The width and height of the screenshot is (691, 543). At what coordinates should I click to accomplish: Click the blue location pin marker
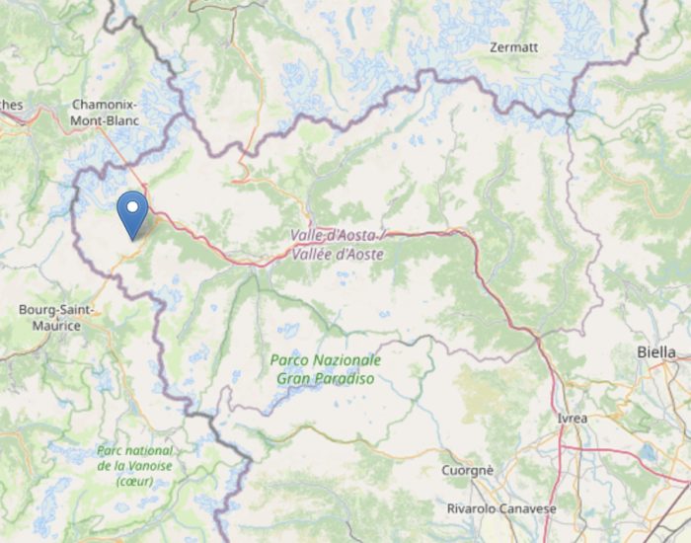131,212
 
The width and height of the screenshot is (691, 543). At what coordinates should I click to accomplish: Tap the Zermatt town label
513,46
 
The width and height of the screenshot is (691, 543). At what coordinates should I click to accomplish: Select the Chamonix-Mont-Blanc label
106,113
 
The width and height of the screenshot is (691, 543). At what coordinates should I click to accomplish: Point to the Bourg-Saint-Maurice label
55,317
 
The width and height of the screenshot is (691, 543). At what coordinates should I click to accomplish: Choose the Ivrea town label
572,419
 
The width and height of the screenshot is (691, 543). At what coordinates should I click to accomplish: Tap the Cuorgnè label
467,471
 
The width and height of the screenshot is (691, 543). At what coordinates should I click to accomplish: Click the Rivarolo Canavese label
500,508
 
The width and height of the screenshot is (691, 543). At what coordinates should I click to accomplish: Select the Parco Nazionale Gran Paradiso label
325,369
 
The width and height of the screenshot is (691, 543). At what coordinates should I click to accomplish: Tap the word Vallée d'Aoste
338,254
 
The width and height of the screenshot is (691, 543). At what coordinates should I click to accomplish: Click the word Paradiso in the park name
345,379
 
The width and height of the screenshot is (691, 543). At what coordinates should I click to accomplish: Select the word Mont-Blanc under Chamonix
106,120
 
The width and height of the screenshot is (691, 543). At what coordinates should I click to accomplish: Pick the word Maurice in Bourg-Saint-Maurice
56,325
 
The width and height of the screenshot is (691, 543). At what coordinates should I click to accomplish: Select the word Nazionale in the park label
347,359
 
